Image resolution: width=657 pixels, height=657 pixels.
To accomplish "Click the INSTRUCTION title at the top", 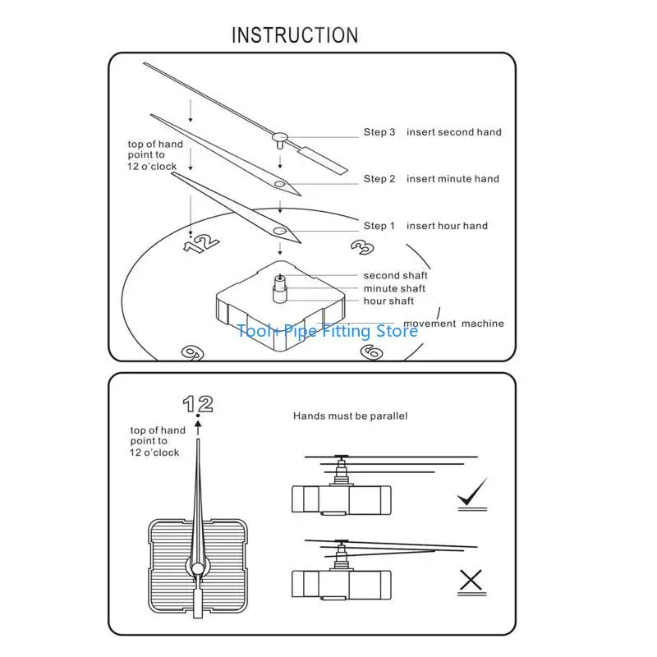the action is (295, 35).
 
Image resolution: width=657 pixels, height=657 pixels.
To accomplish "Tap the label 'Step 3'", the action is (379, 132).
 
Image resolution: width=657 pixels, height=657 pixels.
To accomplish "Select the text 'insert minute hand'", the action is (453, 179).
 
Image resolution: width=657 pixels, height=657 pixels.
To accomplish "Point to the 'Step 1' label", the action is (379, 226).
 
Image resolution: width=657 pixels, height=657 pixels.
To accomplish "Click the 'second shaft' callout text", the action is (396, 275).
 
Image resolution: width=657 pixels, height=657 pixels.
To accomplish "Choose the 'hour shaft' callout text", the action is (388, 301).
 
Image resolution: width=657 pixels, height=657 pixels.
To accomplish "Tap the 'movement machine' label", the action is (453, 324).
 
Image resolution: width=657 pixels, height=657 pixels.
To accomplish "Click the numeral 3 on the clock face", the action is (362, 247).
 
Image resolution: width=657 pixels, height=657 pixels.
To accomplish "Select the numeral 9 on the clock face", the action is (192, 353).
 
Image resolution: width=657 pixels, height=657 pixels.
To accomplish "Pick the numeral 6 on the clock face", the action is (372, 352).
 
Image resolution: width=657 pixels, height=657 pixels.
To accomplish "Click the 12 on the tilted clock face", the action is (201, 243).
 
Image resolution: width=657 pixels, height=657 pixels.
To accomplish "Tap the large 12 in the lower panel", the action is (198, 404).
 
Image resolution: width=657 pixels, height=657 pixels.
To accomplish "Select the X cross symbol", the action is (471, 580).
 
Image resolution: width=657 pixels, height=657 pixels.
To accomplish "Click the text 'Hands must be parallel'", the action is (351, 416).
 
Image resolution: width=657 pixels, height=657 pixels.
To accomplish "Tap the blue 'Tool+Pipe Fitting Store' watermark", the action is (327, 331).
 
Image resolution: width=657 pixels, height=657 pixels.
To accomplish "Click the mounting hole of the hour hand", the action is (279, 231).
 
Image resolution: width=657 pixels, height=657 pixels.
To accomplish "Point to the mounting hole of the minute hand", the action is (279, 184).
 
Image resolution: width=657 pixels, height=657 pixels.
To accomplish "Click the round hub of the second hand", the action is (280, 136).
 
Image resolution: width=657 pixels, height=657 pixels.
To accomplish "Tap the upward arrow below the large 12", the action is (198, 428).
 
